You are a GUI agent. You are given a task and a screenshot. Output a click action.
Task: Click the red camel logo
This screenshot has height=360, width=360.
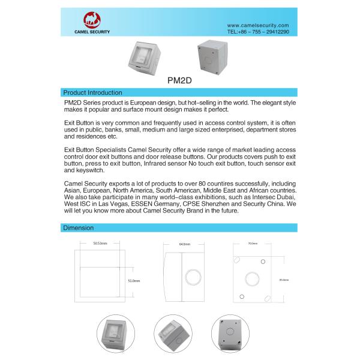[x=92, y=20]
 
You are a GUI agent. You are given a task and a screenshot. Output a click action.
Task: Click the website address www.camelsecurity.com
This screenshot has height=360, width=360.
[x=258, y=25]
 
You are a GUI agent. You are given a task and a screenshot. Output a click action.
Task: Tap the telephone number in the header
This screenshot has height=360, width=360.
[x=258, y=31]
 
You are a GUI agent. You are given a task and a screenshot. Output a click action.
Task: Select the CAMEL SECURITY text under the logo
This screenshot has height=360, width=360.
[x=92, y=32]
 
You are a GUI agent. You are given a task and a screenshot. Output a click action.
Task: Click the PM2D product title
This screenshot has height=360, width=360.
[x=179, y=79]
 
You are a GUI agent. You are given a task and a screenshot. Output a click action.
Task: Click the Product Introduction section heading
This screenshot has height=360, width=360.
[x=92, y=93]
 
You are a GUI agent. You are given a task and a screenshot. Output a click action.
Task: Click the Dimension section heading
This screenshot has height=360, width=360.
[x=78, y=228]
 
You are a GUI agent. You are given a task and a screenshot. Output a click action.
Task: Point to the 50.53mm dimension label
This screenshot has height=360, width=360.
[x=100, y=244]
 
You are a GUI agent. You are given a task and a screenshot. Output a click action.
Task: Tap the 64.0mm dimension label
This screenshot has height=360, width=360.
[x=184, y=244]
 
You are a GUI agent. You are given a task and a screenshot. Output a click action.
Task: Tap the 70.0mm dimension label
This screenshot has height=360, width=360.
[x=253, y=244]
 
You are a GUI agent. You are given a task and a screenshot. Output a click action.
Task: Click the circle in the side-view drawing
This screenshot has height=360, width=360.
[x=191, y=278]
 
